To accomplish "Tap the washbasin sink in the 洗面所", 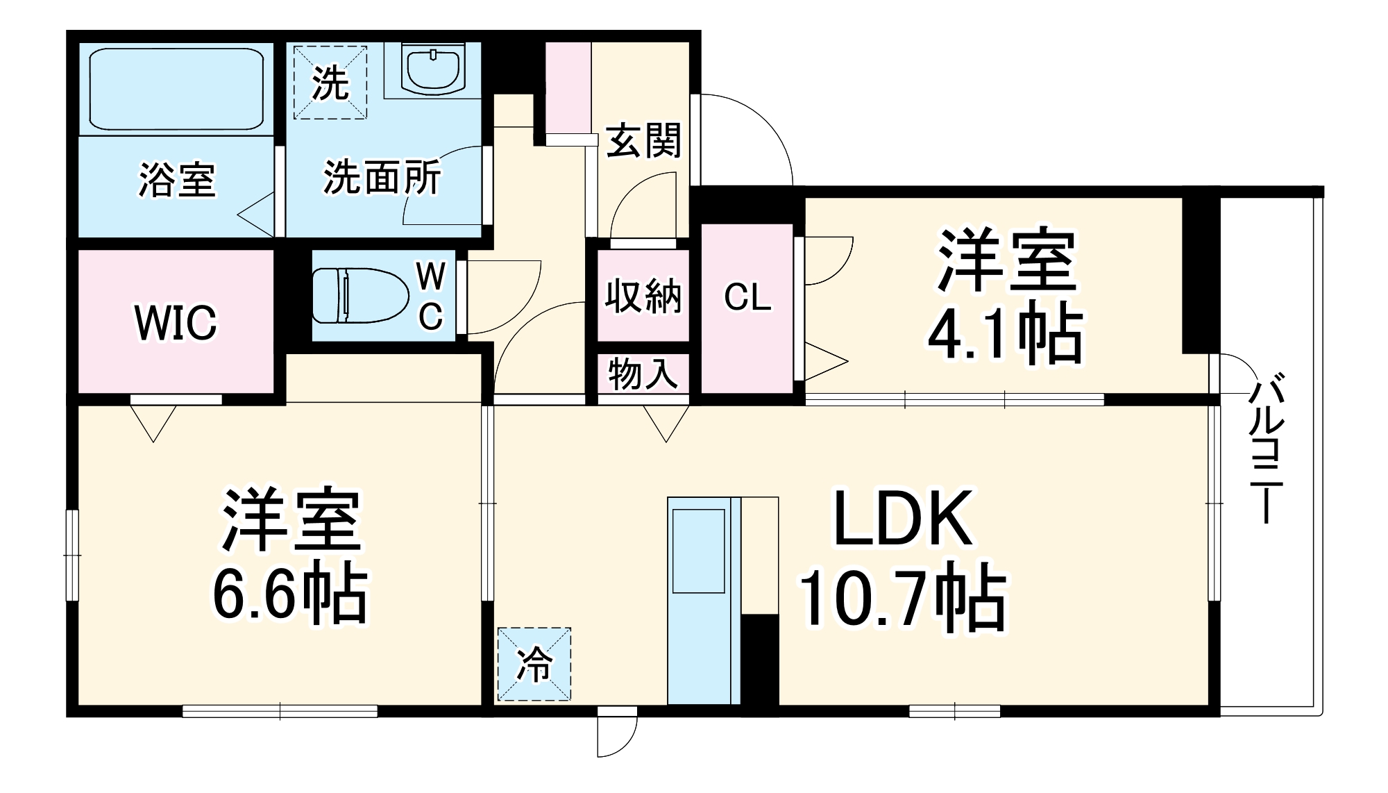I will click(433, 69).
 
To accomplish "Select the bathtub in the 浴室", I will click(176, 88).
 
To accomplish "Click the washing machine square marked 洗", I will click(330, 83).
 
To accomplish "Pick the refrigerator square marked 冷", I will click(534, 665).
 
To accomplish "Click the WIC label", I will click(176, 323).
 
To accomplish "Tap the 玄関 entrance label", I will click(643, 141).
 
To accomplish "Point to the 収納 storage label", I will click(643, 297).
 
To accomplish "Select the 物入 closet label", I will click(643, 374).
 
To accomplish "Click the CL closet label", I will click(747, 298).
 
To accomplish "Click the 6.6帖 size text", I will click(289, 594).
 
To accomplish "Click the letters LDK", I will click(902, 519).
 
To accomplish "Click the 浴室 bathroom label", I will click(177, 180).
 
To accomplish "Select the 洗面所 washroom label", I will click(382, 178).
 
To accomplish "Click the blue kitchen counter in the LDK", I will click(703, 601).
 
